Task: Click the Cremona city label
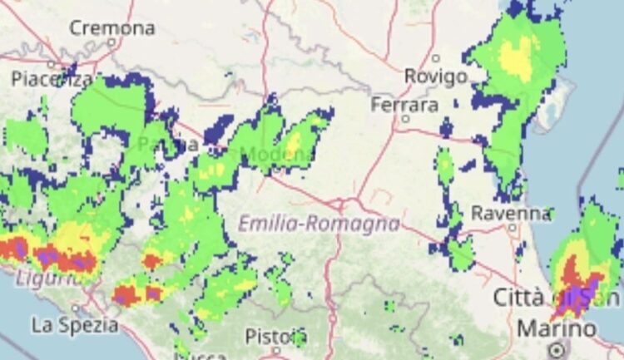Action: pyautogui.click(x=111, y=27)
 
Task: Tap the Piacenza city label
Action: pyautogui.click(x=52, y=79)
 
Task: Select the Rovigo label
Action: pyautogui.click(x=435, y=76)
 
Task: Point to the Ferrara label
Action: pyautogui.click(x=404, y=105)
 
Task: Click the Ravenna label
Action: pyautogui.click(x=511, y=213)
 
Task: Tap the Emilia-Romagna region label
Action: pyautogui.click(x=319, y=224)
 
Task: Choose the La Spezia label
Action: pyautogui.click(x=75, y=323)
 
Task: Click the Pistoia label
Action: pyautogui.click(x=275, y=336)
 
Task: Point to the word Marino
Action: pyautogui.click(x=557, y=328)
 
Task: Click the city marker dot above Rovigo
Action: pyautogui.click(x=436, y=57)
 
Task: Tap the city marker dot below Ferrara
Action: pyautogui.click(x=405, y=119)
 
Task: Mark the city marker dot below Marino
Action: pyautogui.click(x=557, y=349)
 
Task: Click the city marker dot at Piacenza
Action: pyautogui.click(x=51, y=64)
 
